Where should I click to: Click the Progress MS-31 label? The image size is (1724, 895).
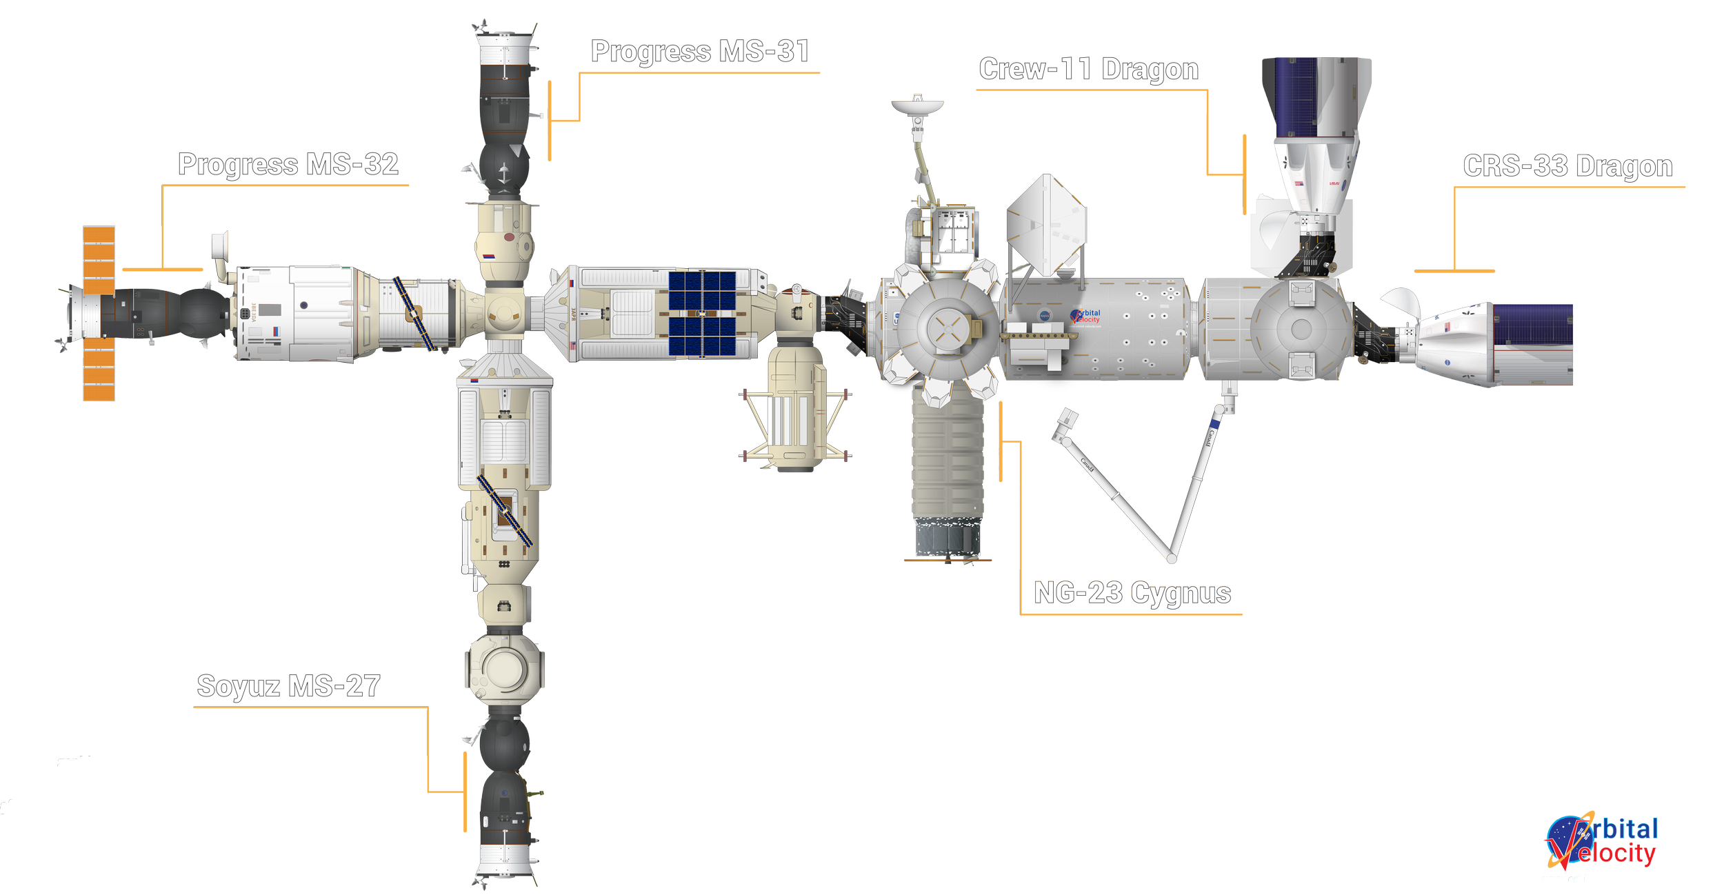(700, 52)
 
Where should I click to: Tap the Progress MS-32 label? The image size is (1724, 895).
(288, 165)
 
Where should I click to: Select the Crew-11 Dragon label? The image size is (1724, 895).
(1088, 69)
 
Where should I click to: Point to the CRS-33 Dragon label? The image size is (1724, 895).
(1567, 166)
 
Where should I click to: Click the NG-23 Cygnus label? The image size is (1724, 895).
(1132, 593)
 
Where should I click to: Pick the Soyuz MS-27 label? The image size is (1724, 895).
(288, 686)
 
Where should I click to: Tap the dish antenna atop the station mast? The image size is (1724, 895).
(917, 107)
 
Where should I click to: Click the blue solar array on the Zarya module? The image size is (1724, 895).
(702, 313)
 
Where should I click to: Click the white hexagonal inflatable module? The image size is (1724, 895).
(1047, 225)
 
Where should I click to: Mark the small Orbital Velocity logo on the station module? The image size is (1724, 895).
(1086, 316)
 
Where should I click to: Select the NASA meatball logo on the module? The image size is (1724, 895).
(1045, 316)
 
